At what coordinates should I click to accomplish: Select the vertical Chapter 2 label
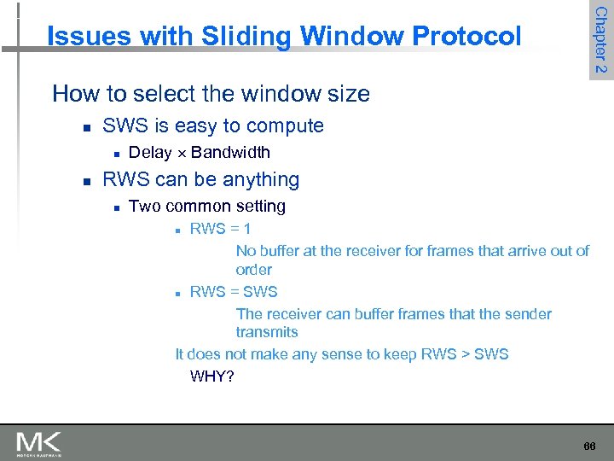[x=600, y=39]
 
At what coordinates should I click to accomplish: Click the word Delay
[x=149, y=153]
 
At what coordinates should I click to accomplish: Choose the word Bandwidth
[x=230, y=153]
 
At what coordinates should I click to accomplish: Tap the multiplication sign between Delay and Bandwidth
[x=181, y=154]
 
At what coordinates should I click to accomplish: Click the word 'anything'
[x=260, y=180]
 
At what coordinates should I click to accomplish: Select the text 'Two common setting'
[x=206, y=207]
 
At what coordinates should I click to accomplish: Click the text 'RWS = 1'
[x=220, y=229]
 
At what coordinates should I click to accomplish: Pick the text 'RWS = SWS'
[x=234, y=292]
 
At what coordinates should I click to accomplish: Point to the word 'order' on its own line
[x=253, y=270]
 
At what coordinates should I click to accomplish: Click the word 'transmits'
[x=267, y=332]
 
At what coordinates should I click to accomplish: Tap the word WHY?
[x=212, y=376]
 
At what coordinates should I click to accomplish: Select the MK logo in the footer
[x=38, y=444]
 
